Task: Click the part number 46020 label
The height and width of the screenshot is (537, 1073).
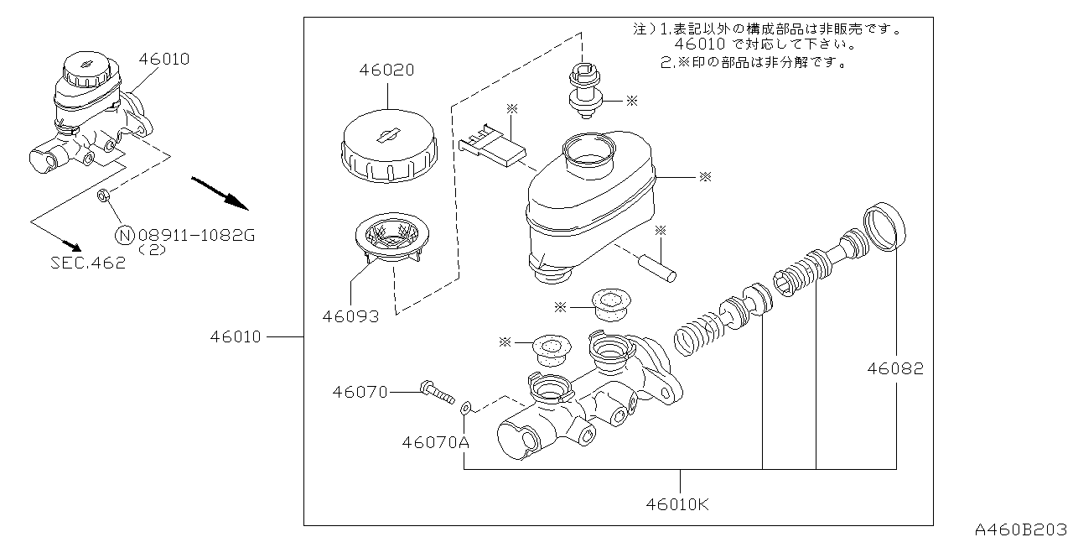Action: [x=386, y=70]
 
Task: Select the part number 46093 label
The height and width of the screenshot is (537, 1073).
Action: [x=350, y=316]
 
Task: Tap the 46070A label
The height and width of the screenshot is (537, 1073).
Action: [x=434, y=441]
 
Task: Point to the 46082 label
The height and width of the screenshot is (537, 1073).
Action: [x=895, y=368]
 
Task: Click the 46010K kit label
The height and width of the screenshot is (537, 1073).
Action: [x=677, y=504]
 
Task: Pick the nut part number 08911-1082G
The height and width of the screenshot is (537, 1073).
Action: [x=195, y=236]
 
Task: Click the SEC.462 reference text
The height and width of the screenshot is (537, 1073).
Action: [x=87, y=263]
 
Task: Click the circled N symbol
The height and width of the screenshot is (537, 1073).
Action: [x=124, y=236]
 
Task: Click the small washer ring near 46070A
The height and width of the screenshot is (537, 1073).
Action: [x=467, y=409]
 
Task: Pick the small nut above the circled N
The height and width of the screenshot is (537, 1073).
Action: [x=105, y=196]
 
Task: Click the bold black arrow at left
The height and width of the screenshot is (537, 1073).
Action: [x=220, y=193]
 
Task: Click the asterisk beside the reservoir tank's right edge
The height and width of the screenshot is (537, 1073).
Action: [x=705, y=177]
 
